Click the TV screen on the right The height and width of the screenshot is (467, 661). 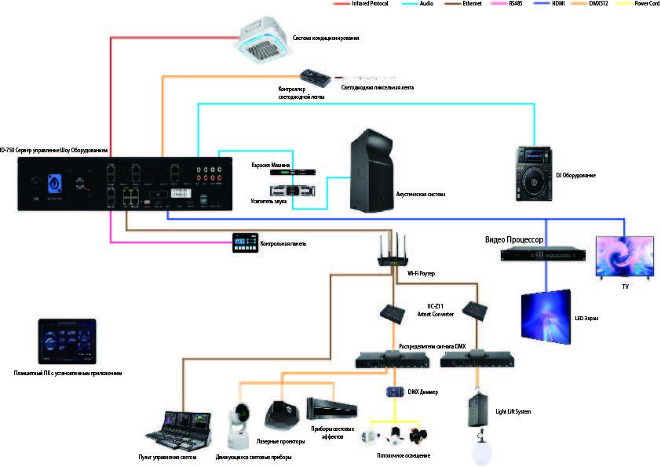point(624,256)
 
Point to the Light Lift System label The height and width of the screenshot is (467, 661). point(513,410)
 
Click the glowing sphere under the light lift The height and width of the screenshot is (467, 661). point(478,450)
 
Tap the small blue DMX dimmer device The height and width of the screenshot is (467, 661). point(394,392)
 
